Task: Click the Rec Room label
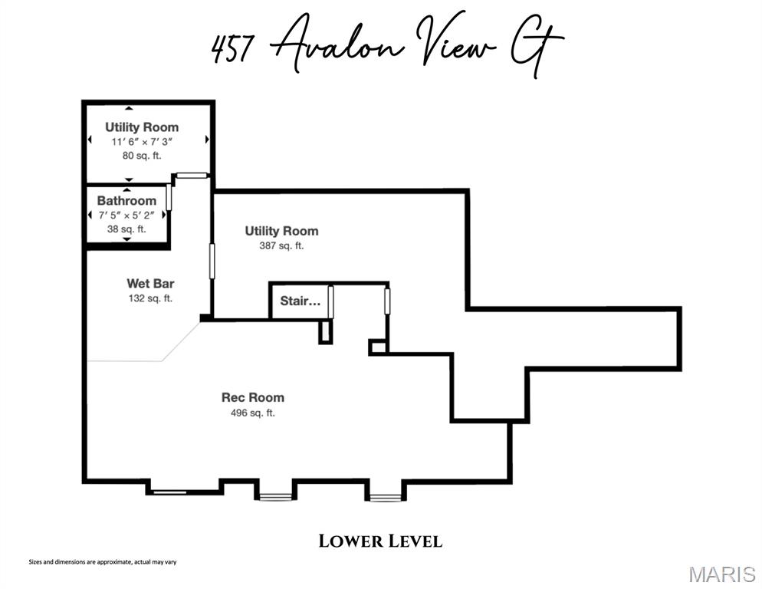click(x=252, y=397)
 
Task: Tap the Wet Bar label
click(x=150, y=284)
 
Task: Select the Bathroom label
click(x=126, y=201)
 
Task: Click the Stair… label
click(x=300, y=301)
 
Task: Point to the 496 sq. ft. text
click(x=252, y=413)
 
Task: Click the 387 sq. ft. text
click(x=281, y=246)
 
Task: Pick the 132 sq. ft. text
click(x=150, y=298)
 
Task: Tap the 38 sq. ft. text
click(x=126, y=229)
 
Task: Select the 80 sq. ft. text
click(x=142, y=154)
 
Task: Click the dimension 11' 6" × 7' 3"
click(x=142, y=141)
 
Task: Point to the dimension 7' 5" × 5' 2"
click(x=126, y=216)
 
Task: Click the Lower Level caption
click(x=380, y=541)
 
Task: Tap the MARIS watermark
click(x=721, y=574)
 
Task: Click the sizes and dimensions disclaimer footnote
click(x=103, y=562)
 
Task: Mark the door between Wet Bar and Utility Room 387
click(x=212, y=262)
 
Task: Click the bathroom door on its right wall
click(x=169, y=197)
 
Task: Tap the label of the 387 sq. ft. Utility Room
click(x=281, y=231)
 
